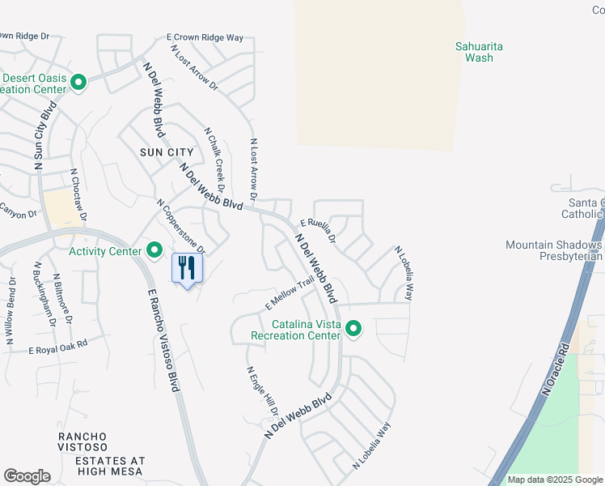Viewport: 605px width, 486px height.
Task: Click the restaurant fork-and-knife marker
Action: [187, 268]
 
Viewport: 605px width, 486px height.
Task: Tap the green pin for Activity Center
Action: [154, 251]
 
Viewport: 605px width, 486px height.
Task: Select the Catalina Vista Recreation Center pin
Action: [353, 329]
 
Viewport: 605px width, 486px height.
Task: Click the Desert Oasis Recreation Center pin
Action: [79, 83]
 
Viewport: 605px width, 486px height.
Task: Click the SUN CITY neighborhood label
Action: [167, 152]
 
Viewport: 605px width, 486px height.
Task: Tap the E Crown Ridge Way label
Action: [205, 38]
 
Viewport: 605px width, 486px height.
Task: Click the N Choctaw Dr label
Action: [78, 194]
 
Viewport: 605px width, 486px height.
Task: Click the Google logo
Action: [27, 476]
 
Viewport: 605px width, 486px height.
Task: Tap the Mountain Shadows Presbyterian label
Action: [555, 250]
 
